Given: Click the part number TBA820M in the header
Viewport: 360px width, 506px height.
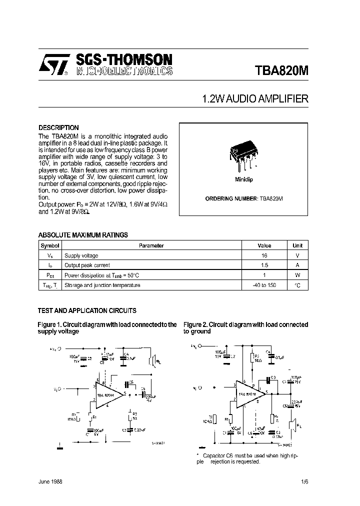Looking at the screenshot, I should point(282,69).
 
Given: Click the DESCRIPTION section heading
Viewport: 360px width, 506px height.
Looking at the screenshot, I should point(58,127).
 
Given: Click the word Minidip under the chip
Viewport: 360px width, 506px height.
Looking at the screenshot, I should point(243,179).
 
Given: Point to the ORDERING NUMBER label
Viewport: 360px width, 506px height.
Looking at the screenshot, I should point(231,198).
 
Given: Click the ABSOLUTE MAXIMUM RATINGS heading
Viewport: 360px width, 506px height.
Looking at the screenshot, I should point(83,235).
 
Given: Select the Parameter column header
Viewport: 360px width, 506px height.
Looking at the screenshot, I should point(151,245).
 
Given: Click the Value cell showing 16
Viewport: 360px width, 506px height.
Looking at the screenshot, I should point(264,255).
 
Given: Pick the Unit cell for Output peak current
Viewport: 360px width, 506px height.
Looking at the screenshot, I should point(297,265).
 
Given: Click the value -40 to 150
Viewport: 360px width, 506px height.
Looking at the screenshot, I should point(264,285).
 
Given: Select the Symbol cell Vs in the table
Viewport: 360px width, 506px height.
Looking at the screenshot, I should point(50,255).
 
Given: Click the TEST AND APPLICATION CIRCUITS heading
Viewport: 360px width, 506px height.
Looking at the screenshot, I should point(87,310).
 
